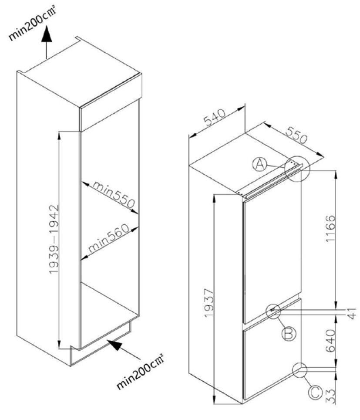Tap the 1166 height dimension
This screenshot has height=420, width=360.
(330, 228)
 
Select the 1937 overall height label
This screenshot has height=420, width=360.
(209, 303)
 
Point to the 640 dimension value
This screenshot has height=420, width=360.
(330, 341)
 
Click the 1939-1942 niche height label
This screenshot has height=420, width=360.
(54, 239)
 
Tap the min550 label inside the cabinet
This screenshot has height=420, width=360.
(113, 194)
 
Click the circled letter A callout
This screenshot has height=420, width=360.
(260, 164)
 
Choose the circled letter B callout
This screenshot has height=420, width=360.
(289, 334)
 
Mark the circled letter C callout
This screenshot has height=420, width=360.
(315, 393)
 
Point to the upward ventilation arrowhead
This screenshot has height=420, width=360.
(47, 34)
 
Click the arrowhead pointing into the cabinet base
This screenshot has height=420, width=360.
(114, 345)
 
